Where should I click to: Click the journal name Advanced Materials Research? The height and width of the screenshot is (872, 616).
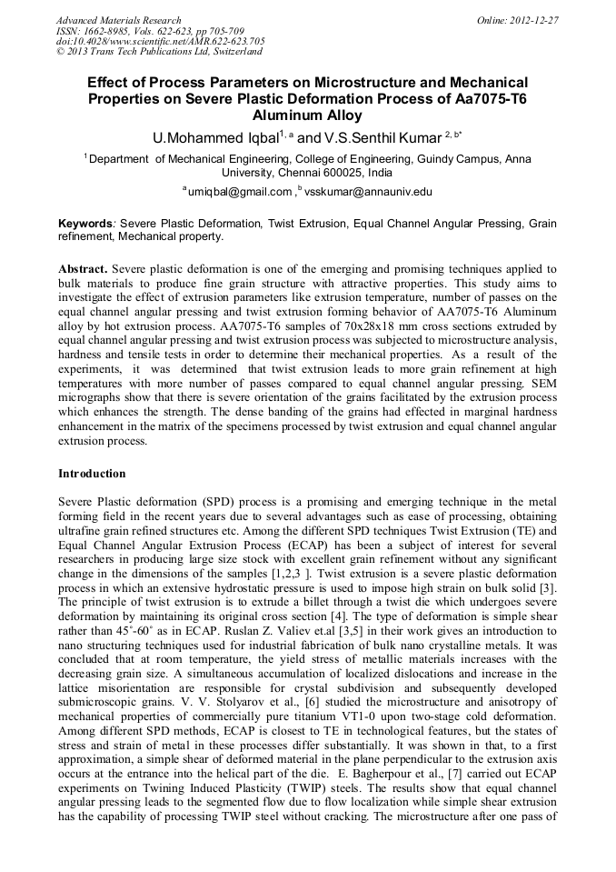(118, 20)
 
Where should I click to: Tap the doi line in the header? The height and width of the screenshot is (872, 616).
(160, 42)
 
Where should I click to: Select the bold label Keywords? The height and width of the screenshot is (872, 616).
(86, 223)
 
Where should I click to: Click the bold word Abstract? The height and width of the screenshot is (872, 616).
(84, 271)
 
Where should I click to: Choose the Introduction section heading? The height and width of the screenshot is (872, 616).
(92, 474)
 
